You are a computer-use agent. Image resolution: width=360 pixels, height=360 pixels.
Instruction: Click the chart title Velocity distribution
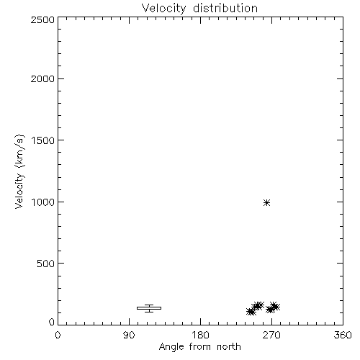(199, 9)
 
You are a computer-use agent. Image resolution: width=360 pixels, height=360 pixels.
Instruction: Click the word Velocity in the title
(163, 9)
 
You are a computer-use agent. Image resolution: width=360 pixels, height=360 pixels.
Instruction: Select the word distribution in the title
(225, 8)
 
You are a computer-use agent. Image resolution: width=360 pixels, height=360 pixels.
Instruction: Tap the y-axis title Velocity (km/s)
(19, 171)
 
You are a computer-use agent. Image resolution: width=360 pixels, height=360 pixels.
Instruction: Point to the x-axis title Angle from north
(199, 347)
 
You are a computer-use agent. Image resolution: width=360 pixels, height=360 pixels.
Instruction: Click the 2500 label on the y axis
(42, 19)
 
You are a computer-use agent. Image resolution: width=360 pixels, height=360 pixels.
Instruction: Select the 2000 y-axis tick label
(42, 78)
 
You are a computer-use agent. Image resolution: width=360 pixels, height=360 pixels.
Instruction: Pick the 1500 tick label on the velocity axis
(43, 140)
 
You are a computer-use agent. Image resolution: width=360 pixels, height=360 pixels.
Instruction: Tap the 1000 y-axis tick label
(43, 202)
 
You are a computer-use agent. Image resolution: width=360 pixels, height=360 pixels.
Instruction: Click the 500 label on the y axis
(46, 264)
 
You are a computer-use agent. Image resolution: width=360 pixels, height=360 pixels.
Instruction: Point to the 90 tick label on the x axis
(129, 335)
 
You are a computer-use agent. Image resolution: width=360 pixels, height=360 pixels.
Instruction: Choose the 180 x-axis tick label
(200, 335)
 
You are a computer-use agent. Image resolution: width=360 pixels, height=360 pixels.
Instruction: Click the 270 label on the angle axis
(271, 335)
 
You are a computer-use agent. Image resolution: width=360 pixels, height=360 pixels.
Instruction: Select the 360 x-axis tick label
(343, 335)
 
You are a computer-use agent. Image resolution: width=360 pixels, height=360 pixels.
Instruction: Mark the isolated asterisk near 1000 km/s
(266, 203)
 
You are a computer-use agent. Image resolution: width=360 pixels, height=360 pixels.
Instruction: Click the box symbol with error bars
(149, 308)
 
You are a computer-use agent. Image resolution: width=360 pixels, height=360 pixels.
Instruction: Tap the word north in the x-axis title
(229, 347)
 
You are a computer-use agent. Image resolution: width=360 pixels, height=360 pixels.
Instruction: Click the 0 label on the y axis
(52, 322)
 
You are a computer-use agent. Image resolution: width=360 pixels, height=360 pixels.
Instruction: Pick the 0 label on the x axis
(58, 335)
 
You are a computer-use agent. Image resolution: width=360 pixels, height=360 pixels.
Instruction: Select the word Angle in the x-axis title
(171, 347)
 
